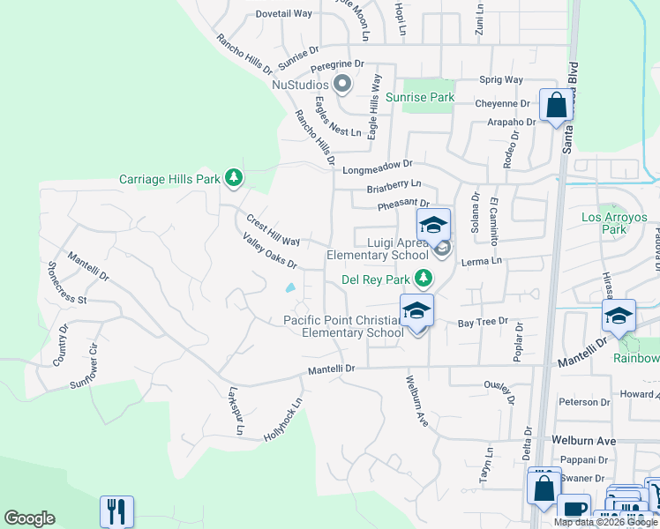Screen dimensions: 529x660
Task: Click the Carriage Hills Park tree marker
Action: click(234, 179)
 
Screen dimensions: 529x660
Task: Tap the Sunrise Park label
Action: click(419, 97)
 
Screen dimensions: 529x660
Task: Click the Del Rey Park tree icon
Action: click(424, 279)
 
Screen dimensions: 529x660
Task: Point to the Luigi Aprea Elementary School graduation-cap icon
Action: click(433, 226)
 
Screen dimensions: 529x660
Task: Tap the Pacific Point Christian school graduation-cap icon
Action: click(417, 311)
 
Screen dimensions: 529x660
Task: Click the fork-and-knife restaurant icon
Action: click(117, 511)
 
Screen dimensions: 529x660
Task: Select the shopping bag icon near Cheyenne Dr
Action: click(556, 106)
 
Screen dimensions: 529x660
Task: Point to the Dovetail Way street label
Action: click(284, 14)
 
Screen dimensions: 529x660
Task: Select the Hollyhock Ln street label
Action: click(283, 420)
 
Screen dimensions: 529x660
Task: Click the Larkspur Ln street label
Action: click(235, 411)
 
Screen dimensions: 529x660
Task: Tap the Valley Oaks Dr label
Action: click(269, 250)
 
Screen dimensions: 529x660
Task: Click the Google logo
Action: click(29, 518)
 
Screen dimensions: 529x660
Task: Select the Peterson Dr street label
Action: click(583, 401)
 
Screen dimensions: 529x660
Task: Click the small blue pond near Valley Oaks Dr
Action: click(290, 287)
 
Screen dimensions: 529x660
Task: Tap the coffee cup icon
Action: click(573, 509)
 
